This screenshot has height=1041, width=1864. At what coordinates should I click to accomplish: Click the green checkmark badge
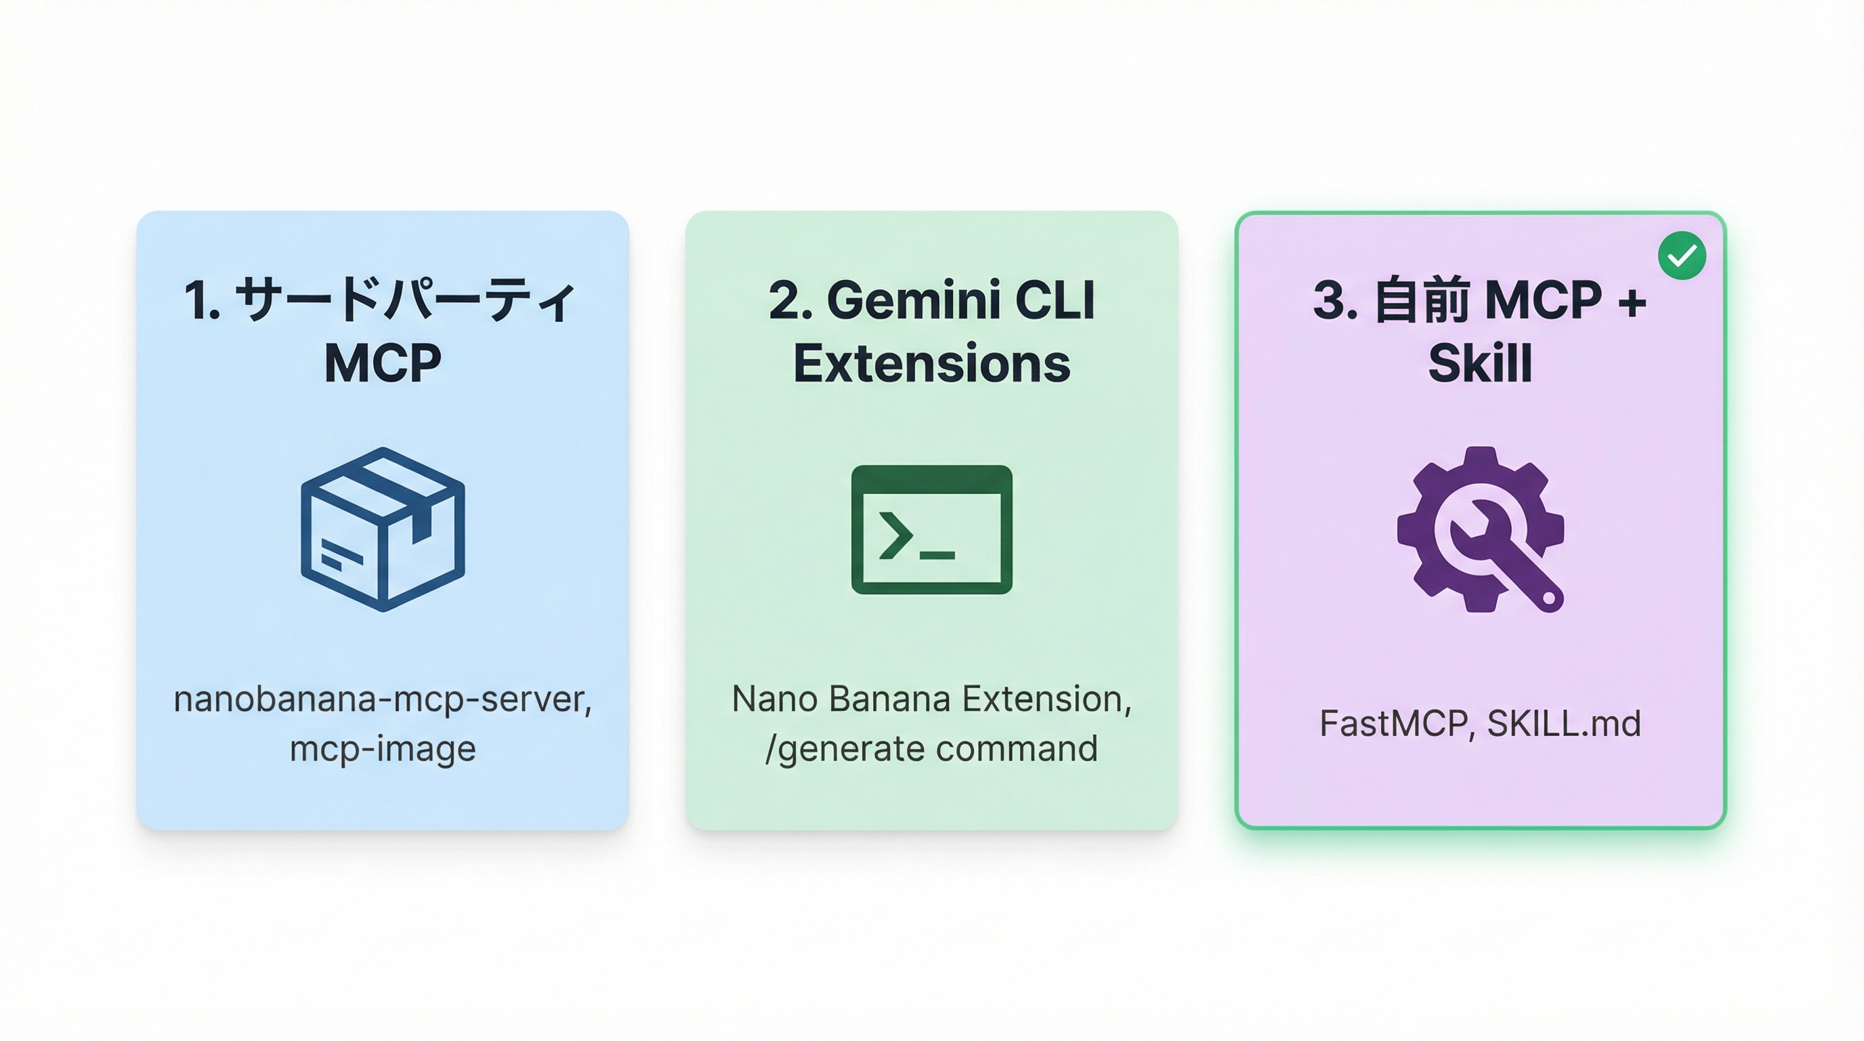click(x=1682, y=255)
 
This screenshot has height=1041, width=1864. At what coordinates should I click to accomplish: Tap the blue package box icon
click(x=383, y=529)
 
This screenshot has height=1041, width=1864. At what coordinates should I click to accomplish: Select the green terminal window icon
click(x=931, y=529)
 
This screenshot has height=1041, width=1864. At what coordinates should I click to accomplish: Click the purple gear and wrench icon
click(x=1481, y=529)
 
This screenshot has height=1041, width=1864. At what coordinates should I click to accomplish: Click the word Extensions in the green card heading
click(x=931, y=363)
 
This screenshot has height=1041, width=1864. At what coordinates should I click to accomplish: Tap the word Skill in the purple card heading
click(x=1481, y=363)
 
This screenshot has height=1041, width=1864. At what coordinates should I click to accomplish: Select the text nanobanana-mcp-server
click(x=383, y=699)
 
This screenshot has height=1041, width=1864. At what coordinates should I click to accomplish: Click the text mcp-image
click(x=383, y=748)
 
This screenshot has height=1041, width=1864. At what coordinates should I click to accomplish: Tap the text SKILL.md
click(x=1564, y=724)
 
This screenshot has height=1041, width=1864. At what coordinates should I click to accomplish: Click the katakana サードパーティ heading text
click(x=405, y=300)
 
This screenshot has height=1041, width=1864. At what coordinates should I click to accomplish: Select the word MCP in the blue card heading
click(x=383, y=363)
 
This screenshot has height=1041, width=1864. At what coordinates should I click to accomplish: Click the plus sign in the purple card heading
click(x=1632, y=301)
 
